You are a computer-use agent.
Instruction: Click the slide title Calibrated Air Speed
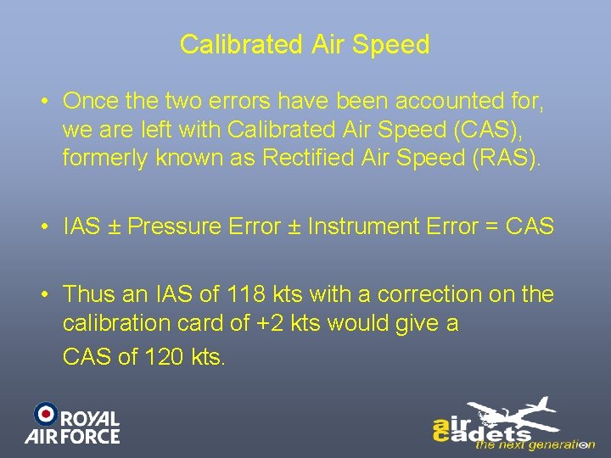coord(305,45)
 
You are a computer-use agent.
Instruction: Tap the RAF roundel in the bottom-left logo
coord(45,413)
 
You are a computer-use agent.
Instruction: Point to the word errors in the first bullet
coord(220,101)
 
